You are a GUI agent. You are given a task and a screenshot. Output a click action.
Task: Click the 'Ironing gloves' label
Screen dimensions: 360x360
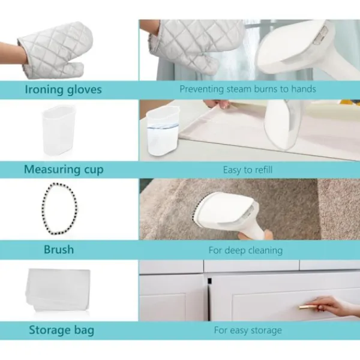[63, 89]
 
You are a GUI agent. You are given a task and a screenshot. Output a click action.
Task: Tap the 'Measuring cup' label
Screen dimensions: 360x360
[64, 170]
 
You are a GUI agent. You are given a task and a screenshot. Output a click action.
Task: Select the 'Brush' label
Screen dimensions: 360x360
[59, 250]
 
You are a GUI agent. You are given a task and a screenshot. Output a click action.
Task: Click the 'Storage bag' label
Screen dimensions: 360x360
[62, 330]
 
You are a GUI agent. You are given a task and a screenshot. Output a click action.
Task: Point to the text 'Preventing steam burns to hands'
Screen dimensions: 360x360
[248, 89]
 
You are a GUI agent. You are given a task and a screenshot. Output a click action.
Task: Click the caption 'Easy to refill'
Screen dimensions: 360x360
[248, 170]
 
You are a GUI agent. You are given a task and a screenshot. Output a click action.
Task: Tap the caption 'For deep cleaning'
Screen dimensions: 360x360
[245, 250]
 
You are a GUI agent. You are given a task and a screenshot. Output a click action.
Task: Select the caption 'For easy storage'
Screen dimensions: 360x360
[248, 331]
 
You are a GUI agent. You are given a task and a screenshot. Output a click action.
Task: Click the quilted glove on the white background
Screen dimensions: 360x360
[55, 50]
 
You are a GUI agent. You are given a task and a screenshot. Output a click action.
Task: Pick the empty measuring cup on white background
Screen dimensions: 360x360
[58, 131]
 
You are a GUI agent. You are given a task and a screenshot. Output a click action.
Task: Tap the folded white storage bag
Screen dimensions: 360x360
[58, 290]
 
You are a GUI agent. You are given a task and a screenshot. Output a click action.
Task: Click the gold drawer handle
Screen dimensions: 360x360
[308, 307]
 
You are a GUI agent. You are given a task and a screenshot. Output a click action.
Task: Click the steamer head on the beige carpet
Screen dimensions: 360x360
[224, 211]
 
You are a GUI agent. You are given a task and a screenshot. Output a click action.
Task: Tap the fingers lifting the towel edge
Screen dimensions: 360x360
[218, 104]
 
